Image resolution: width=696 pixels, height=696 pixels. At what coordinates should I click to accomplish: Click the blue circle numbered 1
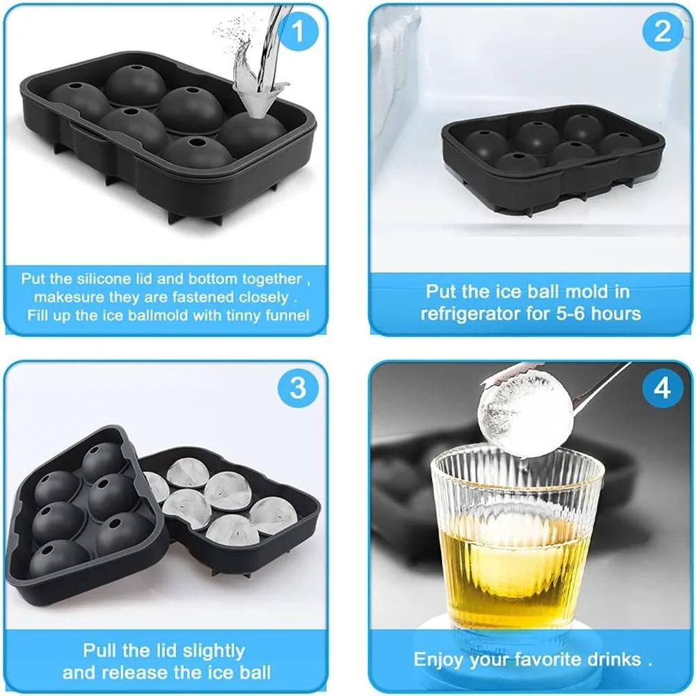pyautogui.click(x=297, y=32)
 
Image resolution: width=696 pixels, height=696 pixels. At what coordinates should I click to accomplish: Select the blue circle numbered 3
pyautogui.click(x=297, y=388)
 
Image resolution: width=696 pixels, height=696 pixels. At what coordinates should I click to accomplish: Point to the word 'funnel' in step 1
pyautogui.click(x=284, y=315)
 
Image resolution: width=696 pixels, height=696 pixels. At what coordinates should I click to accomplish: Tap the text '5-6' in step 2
pyautogui.click(x=556, y=313)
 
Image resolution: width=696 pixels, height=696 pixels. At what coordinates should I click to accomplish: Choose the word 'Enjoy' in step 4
pyautogui.click(x=441, y=659)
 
